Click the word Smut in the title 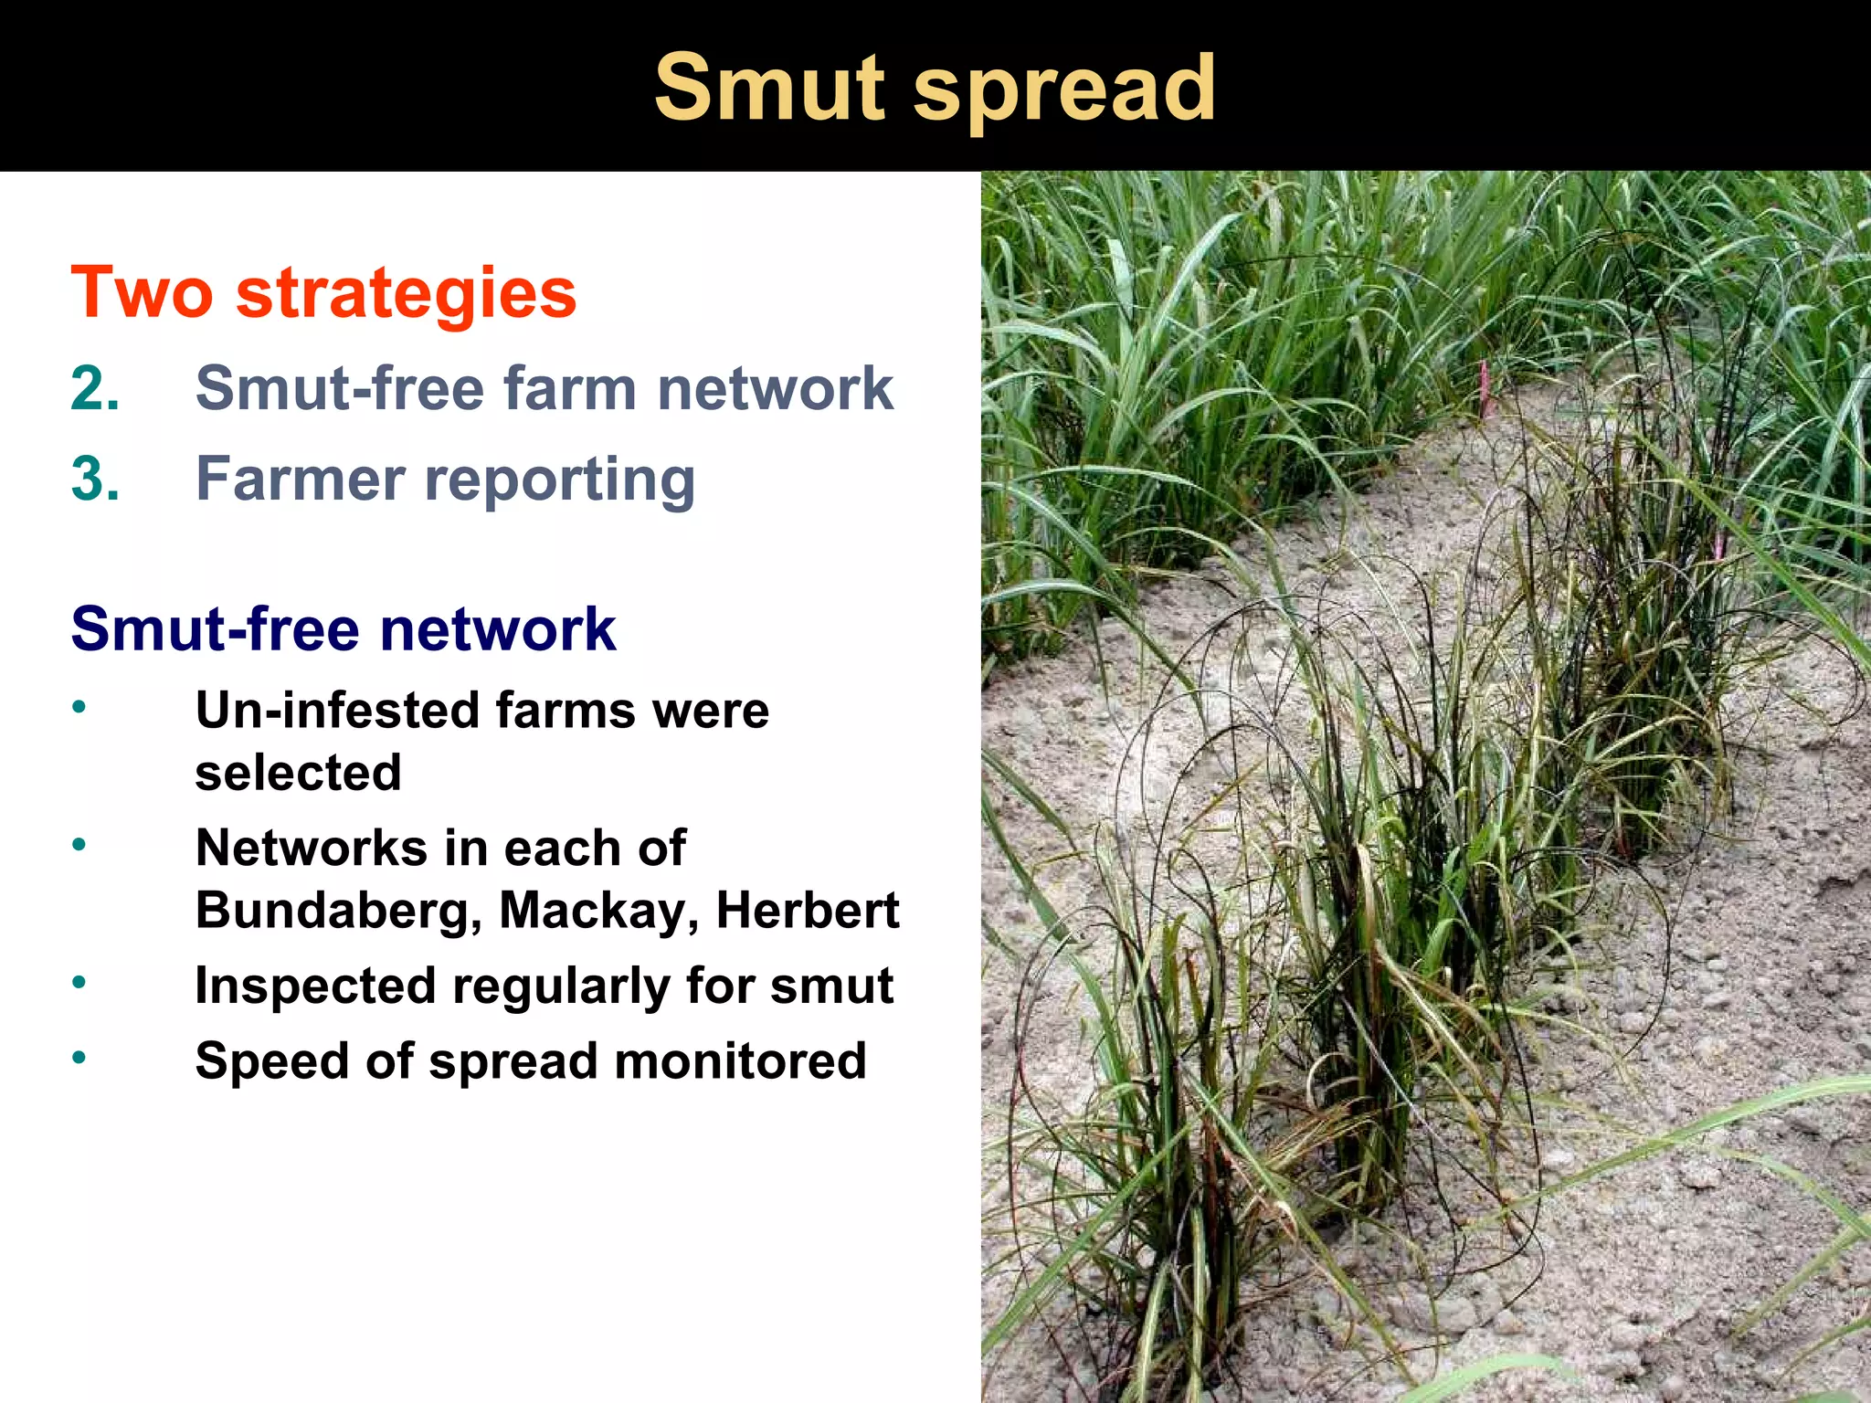coord(769,89)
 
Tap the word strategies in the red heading coord(406,294)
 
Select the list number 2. coord(95,388)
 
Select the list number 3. coord(95,479)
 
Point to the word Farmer coord(301,479)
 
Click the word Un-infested coord(338,711)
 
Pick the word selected coord(298,773)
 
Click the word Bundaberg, coord(339,912)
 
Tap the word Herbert coord(808,910)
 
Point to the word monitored coord(740,1061)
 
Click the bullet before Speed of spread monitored coord(80,1058)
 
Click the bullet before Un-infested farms coord(80,707)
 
